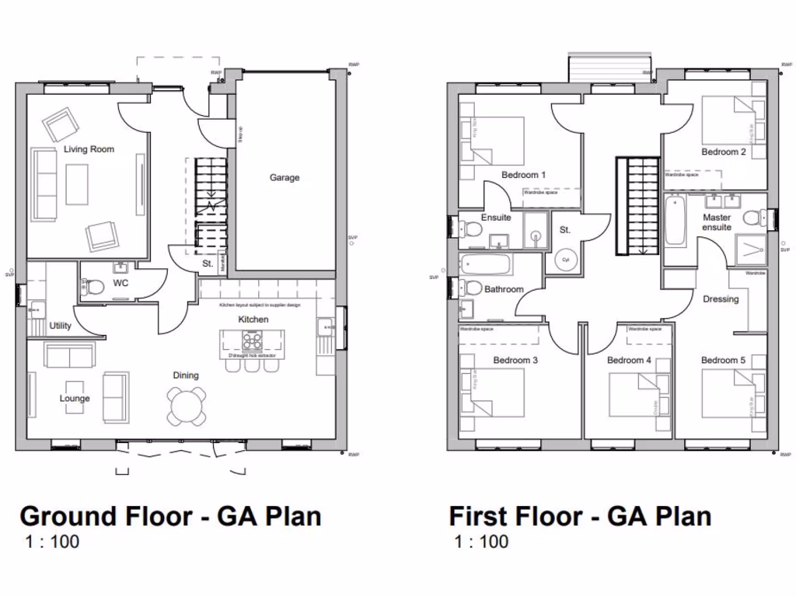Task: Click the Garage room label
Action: (285, 177)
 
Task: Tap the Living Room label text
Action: (89, 149)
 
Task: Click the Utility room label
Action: (60, 326)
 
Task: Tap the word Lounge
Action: (75, 398)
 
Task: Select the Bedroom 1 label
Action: (523, 175)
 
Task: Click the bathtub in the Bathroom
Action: (486, 265)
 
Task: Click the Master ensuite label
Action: (716, 222)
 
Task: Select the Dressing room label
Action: (721, 299)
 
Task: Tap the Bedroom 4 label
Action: (629, 361)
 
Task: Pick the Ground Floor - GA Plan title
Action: (170, 515)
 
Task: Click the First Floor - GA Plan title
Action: (580, 515)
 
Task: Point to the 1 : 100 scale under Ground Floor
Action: (53, 542)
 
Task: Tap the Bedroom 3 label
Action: (515, 361)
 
